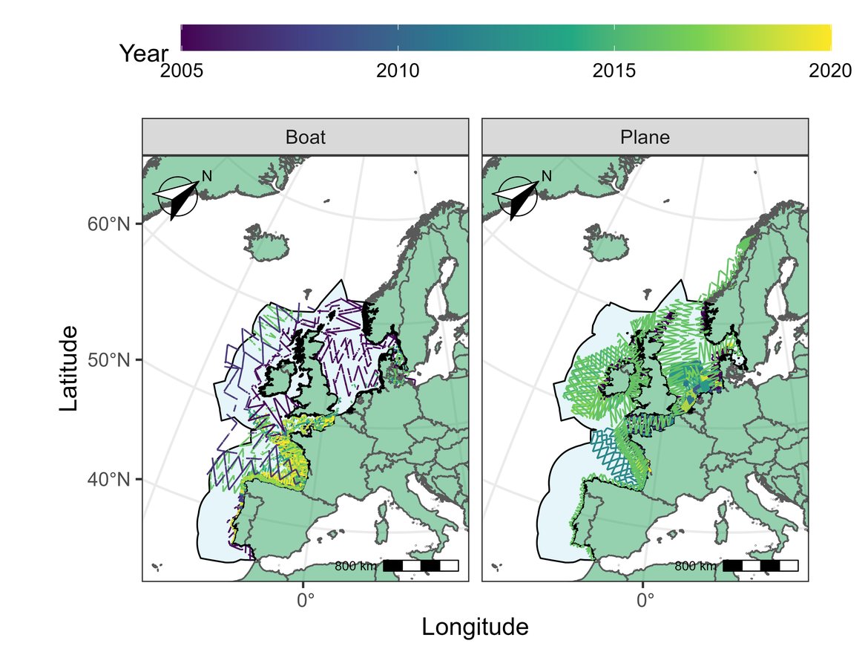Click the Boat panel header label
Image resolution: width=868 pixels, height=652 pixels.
[x=305, y=138]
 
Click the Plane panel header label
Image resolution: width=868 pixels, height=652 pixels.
[x=645, y=138]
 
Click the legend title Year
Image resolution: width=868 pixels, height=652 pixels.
[x=144, y=53]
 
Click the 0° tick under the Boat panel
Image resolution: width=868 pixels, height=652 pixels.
[x=303, y=598]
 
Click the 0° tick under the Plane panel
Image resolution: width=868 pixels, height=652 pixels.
[x=643, y=598]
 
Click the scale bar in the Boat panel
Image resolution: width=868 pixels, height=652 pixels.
[x=421, y=566]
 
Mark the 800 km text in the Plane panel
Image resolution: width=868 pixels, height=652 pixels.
[x=695, y=567]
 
